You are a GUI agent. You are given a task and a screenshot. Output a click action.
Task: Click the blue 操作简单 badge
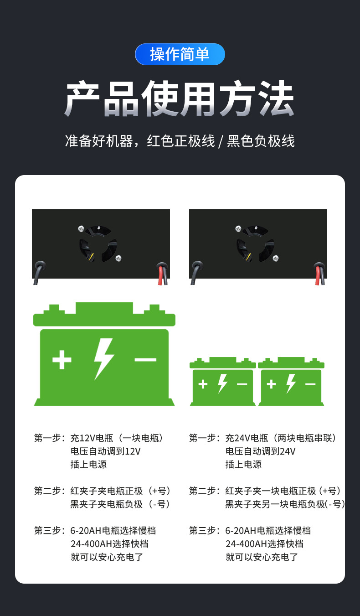pyautogui.click(x=180, y=54)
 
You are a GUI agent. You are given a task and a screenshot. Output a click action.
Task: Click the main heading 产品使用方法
pyautogui.click(x=180, y=99)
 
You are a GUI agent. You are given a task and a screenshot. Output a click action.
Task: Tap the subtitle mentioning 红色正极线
pyautogui.click(x=180, y=141)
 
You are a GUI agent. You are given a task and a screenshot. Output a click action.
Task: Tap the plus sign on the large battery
pyautogui.click(x=62, y=360)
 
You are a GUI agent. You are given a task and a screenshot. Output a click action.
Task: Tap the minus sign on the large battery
pyautogui.click(x=145, y=360)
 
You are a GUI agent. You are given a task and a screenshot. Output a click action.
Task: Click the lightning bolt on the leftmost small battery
pyautogui.click(x=222, y=384)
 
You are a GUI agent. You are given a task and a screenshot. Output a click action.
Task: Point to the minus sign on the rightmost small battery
pyautogui.click(x=310, y=384)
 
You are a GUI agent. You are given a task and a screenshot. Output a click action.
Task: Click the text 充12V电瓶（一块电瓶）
pyautogui.click(x=117, y=438)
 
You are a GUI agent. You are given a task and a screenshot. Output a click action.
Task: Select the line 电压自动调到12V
pyautogui.click(x=106, y=451)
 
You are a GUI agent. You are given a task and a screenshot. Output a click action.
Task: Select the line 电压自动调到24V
pyautogui.click(x=261, y=451)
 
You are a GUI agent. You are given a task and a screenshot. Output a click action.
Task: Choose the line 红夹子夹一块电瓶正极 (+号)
pyautogui.click(x=283, y=491)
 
